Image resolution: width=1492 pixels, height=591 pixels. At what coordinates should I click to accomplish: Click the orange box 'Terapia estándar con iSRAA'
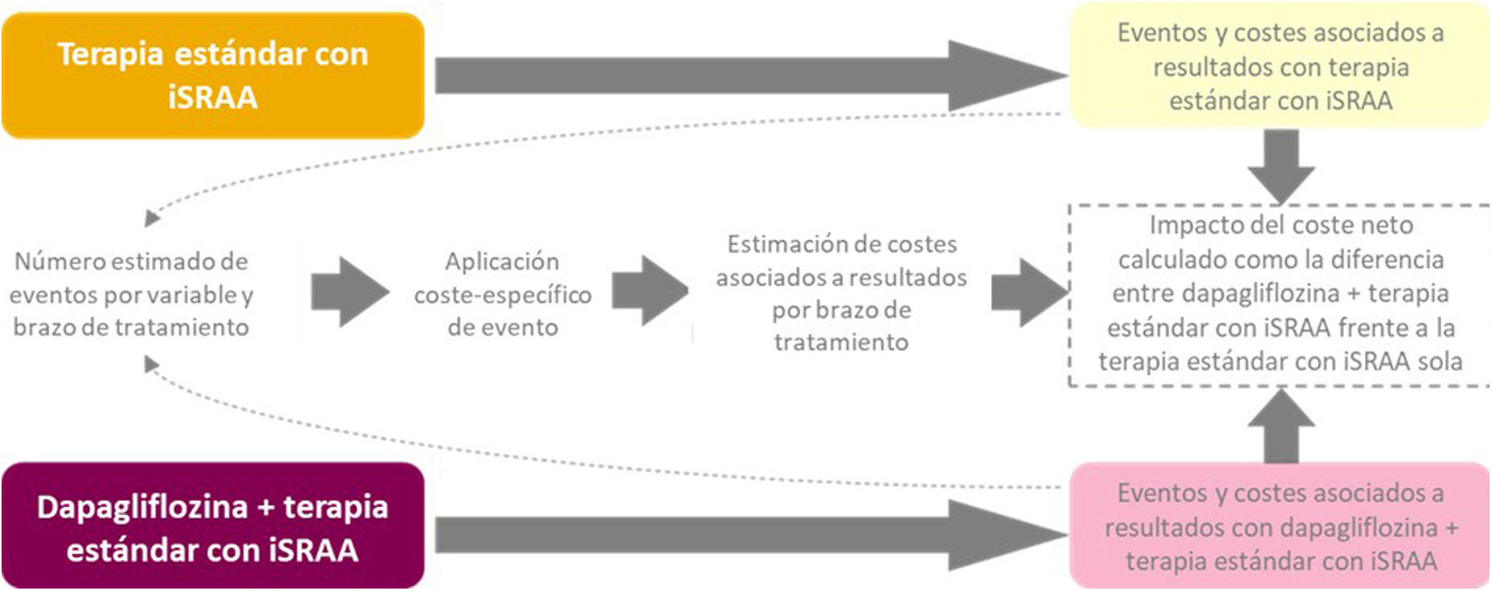(x=212, y=76)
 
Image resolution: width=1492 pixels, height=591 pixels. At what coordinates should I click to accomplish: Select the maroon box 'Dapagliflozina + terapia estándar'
(x=212, y=527)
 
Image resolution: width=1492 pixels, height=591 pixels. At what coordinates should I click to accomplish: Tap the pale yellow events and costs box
(x=1280, y=67)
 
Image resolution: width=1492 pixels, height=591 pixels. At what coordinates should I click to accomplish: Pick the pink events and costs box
(x=1280, y=527)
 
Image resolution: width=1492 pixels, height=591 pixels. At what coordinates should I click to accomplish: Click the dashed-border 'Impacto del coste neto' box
(x=1280, y=293)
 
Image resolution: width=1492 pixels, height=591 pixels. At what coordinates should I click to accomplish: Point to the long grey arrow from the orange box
(x=748, y=76)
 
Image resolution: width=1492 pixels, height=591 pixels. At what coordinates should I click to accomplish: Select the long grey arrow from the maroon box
(x=748, y=535)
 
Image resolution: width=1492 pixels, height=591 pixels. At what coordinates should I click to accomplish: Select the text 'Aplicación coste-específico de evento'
(x=503, y=294)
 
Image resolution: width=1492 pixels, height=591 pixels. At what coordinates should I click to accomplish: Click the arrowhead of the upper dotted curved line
(x=151, y=218)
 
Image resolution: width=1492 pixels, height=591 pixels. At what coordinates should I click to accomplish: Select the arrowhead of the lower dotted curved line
(x=150, y=365)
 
